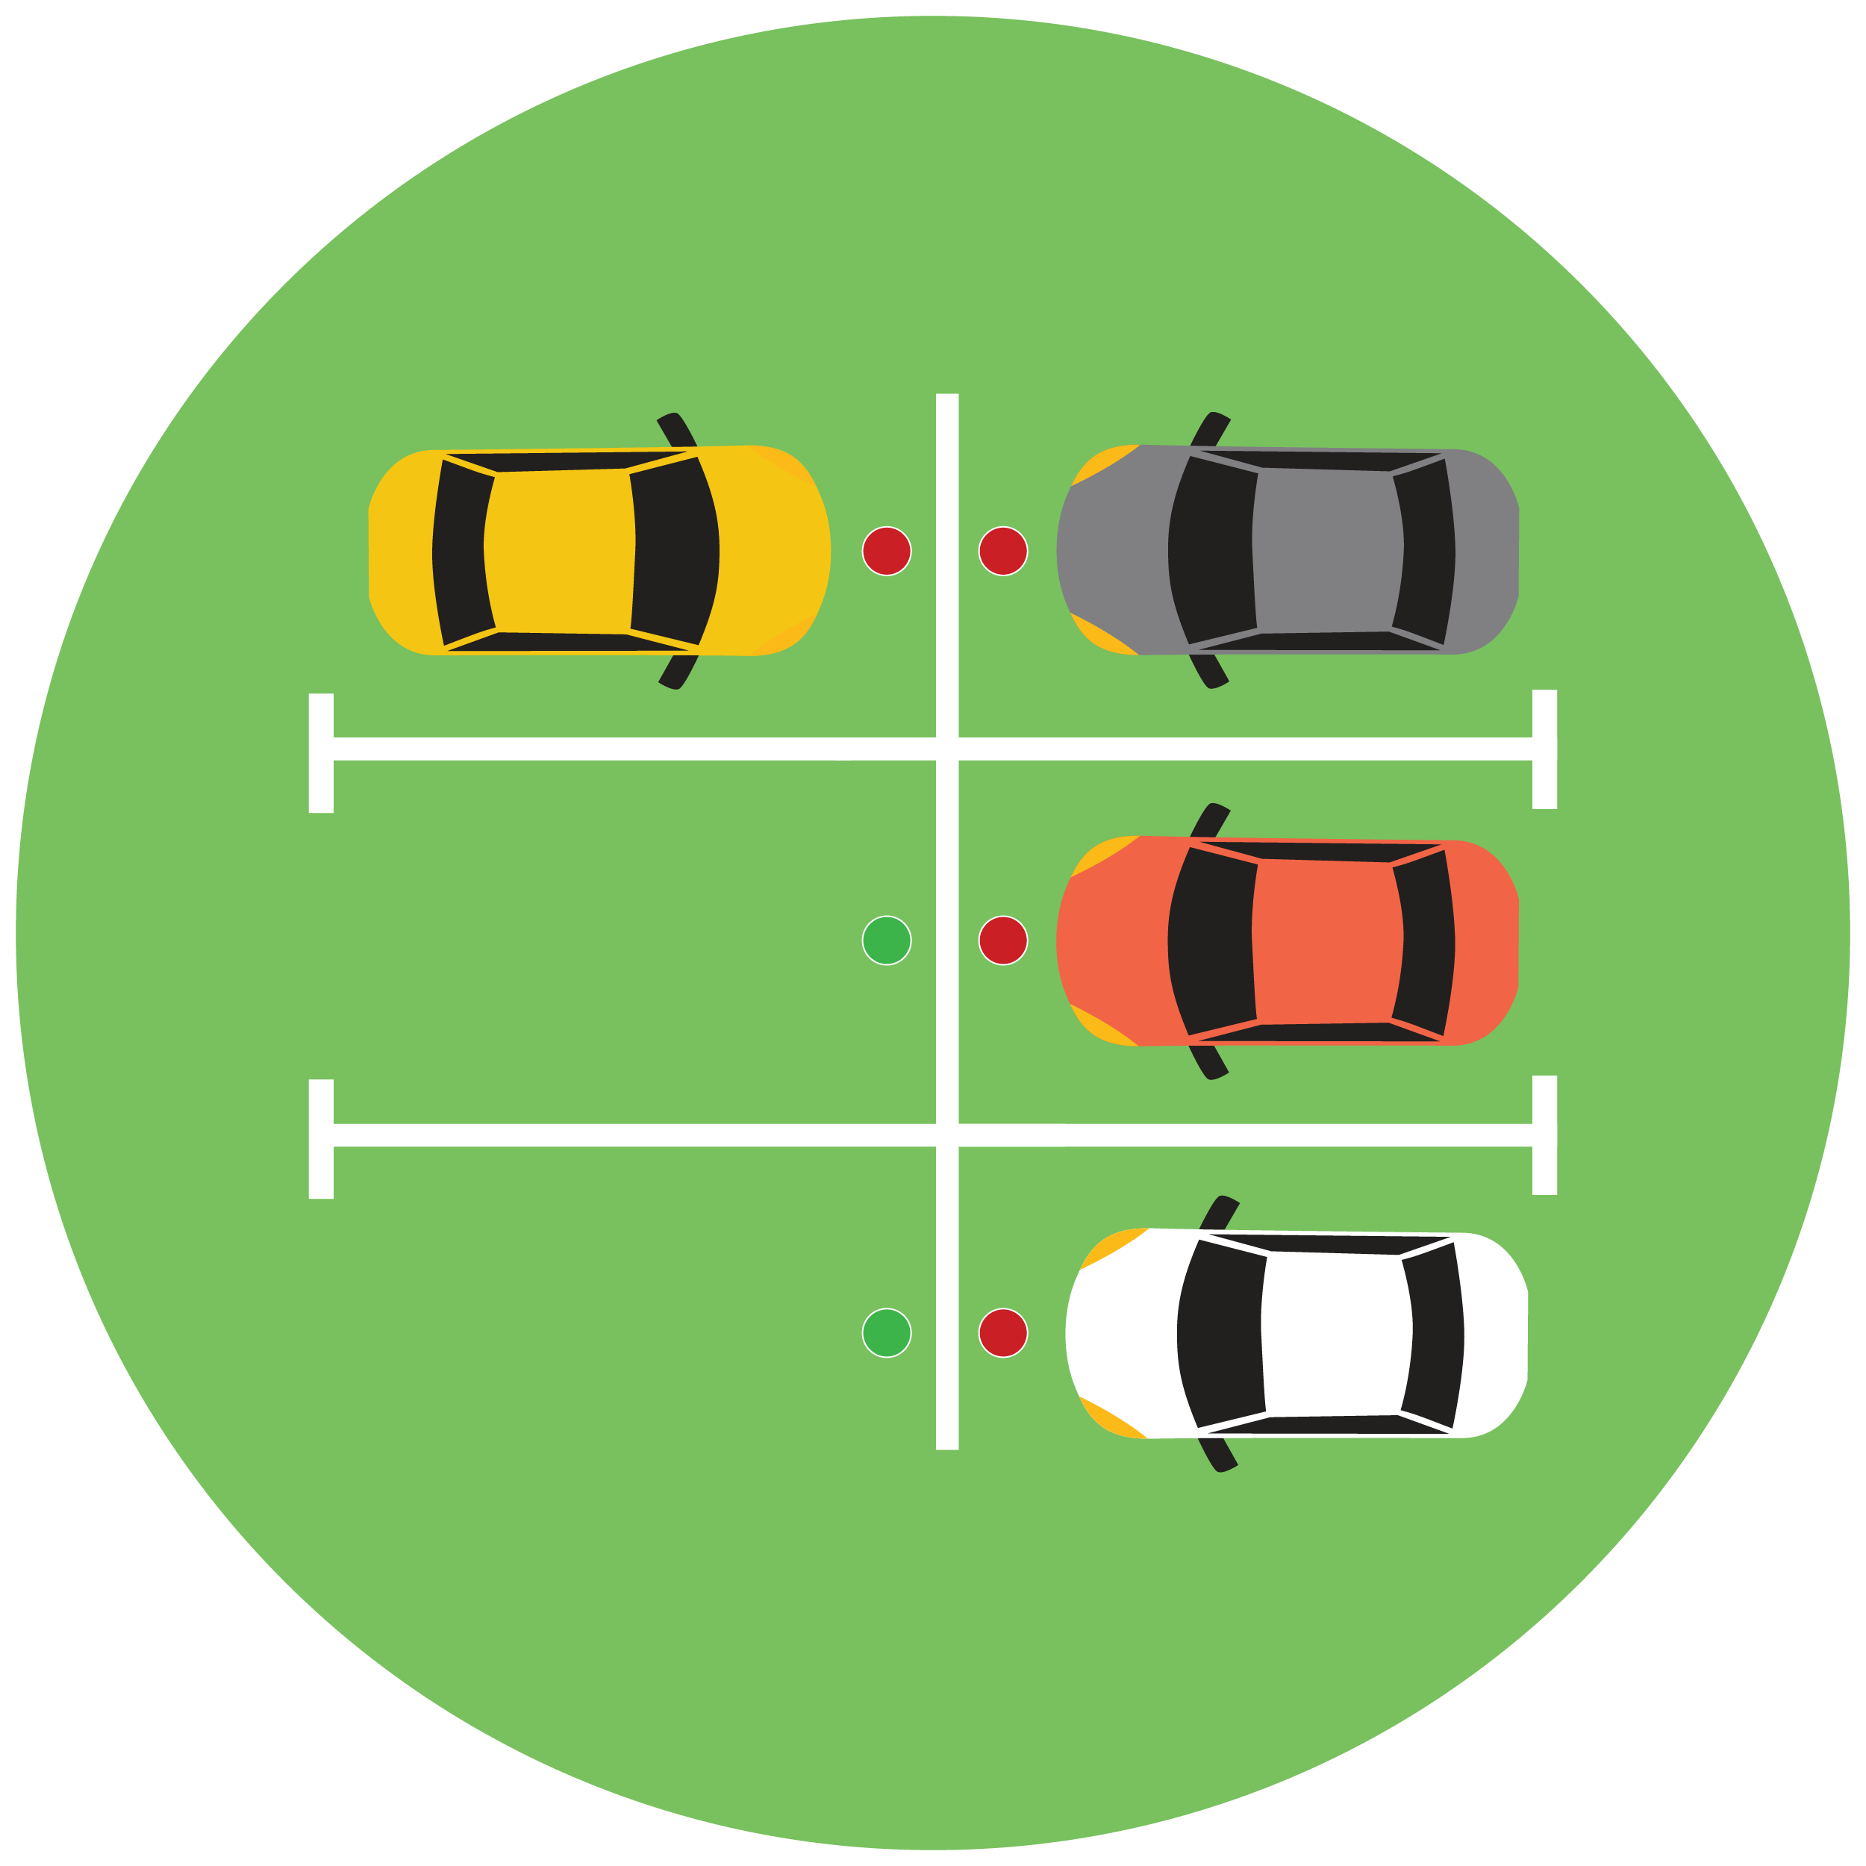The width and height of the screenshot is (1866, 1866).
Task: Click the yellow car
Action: pyautogui.click(x=599, y=552)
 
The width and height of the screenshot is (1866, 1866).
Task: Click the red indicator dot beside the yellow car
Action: pyautogui.click(x=886, y=551)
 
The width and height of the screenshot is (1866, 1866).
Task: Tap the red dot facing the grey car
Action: pyautogui.click(x=1002, y=551)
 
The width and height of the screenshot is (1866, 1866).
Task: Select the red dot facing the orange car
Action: pyautogui.click(x=1002, y=940)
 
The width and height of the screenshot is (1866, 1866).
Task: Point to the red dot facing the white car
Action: pyautogui.click(x=1002, y=1333)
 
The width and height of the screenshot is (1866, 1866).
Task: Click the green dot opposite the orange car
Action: pyautogui.click(x=886, y=940)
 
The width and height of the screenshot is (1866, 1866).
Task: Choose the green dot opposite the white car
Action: pyautogui.click(x=886, y=1333)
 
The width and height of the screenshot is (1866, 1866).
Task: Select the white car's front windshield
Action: pyautogui.click(x=1220, y=1334)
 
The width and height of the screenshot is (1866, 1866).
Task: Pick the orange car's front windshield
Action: pyautogui.click(x=1210, y=942)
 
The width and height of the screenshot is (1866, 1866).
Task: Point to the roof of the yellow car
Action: pyautogui.click(x=561, y=552)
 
